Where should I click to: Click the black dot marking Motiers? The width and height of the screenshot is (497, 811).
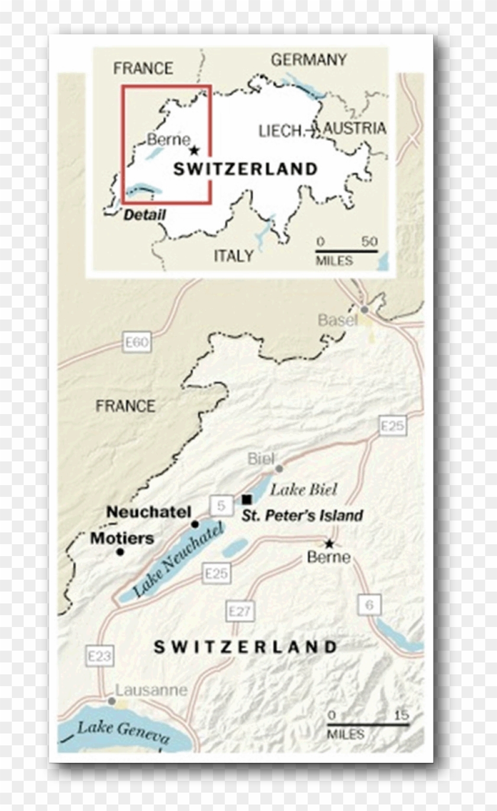120,552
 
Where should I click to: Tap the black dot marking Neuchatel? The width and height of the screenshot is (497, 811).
195,524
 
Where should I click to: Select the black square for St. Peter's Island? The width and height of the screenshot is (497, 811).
247,499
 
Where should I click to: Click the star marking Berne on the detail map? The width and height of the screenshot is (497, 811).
329,544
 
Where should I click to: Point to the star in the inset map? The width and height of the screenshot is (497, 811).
195,150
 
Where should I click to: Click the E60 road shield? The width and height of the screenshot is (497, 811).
137,343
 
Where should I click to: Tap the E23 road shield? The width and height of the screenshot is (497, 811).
99,656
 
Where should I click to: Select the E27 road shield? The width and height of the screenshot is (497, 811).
240,611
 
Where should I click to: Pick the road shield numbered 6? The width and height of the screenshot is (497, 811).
369,605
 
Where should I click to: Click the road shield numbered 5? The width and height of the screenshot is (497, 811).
221,506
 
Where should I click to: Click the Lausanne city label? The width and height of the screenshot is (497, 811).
151,690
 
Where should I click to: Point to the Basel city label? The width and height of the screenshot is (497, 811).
338,320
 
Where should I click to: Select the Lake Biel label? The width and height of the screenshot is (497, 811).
304,489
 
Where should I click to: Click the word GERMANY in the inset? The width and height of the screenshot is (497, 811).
308,60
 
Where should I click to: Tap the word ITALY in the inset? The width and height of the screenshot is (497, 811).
233,256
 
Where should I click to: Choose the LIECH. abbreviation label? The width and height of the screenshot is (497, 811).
281,131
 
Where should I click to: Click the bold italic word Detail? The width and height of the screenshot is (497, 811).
144,215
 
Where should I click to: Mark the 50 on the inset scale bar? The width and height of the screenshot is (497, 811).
369,242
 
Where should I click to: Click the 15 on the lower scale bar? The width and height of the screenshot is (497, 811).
401,715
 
